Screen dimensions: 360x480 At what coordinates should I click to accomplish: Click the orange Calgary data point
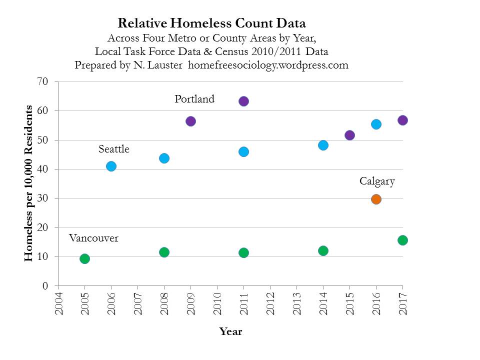click(376, 199)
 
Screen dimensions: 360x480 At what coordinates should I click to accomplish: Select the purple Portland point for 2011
click(243, 101)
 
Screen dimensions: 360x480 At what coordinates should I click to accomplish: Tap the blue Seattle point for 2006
click(111, 166)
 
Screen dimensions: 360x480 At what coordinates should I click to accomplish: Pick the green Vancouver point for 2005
click(84, 258)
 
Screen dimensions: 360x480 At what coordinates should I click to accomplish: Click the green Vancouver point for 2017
click(402, 240)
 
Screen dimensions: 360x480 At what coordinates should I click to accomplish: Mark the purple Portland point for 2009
click(190, 121)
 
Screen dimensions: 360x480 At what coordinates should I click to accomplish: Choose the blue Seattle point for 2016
click(376, 124)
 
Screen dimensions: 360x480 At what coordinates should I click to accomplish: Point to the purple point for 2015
click(349, 135)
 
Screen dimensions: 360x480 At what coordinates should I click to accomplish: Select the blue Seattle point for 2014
click(323, 145)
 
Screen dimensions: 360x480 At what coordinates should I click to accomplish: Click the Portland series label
click(194, 99)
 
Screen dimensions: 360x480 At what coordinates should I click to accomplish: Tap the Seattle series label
click(114, 149)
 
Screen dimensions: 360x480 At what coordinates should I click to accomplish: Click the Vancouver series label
click(93, 238)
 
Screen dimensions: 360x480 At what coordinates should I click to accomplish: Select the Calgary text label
click(377, 181)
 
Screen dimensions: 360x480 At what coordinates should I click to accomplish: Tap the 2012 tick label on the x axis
click(270, 303)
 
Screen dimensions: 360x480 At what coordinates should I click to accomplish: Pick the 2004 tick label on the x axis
click(58, 303)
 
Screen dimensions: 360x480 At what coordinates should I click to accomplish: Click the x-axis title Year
click(230, 331)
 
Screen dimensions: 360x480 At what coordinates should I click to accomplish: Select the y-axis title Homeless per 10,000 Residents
click(29, 183)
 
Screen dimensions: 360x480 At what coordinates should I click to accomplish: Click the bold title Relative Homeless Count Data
click(211, 23)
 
